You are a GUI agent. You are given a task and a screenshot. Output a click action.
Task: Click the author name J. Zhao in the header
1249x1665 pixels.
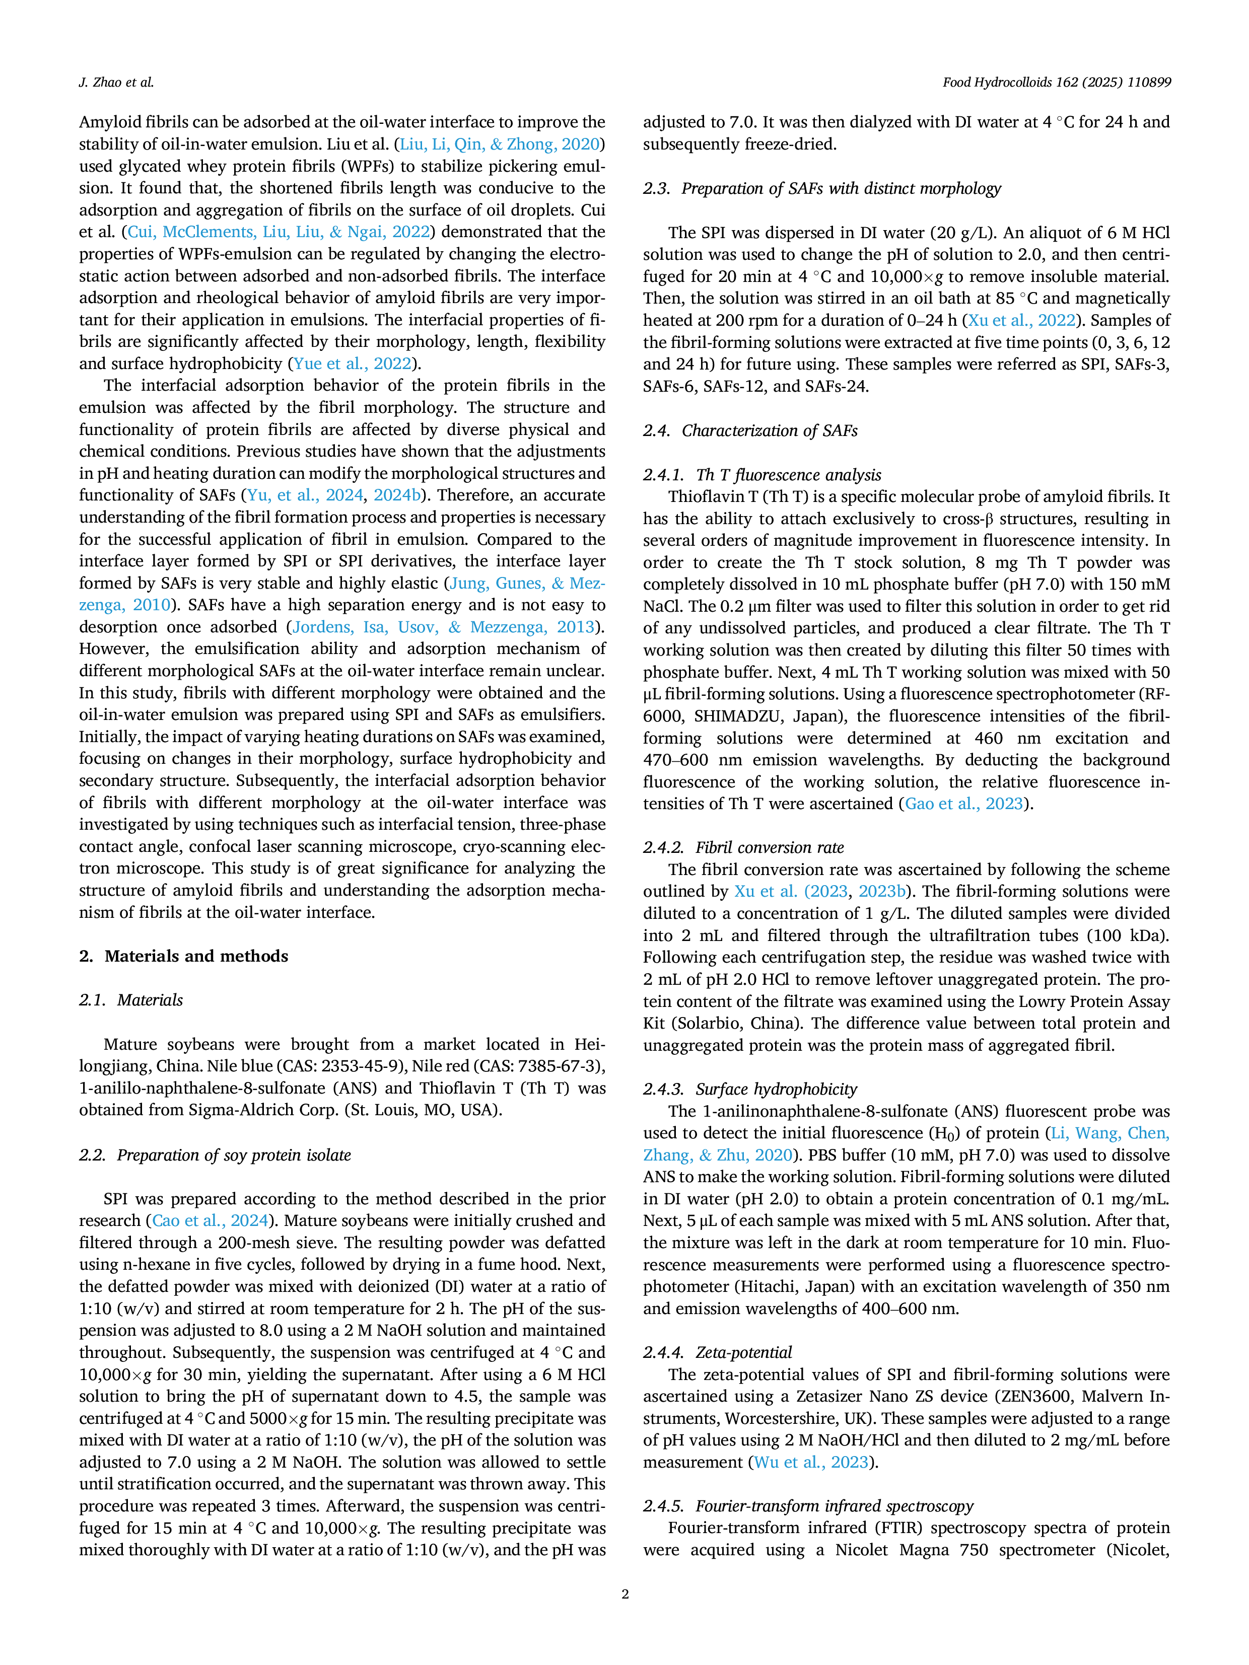click(100, 83)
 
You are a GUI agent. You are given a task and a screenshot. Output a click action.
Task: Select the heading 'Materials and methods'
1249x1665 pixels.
click(196, 956)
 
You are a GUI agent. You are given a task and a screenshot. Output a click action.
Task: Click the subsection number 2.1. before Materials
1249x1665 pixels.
click(93, 1000)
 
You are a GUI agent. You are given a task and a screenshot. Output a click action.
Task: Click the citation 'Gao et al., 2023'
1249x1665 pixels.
click(963, 804)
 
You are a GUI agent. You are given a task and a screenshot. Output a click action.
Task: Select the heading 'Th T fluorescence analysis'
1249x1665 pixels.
click(788, 475)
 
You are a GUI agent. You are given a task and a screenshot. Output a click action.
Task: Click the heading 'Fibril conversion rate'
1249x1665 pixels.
click(770, 847)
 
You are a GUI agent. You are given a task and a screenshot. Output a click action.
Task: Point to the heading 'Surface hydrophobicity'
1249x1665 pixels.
click(776, 1089)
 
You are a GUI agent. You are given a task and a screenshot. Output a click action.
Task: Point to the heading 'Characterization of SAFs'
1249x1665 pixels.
click(770, 430)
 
